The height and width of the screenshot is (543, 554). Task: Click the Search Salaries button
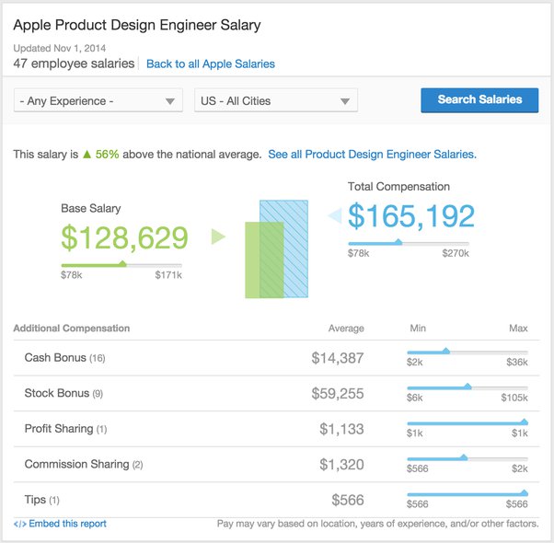[x=479, y=100]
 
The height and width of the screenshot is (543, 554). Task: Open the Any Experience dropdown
[x=98, y=101]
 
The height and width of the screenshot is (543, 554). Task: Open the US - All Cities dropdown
[x=275, y=101]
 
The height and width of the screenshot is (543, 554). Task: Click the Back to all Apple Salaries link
[x=210, y=64]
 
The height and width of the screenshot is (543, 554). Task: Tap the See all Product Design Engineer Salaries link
[x=372, y=155]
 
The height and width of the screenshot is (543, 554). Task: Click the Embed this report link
[x=66, y=524]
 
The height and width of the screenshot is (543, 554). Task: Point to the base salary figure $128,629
[x=124, y=238]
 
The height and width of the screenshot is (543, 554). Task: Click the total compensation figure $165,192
[x=411, y=216]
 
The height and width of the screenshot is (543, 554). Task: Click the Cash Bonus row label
[x=55, y=358]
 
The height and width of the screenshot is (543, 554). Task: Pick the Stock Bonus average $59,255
[x=337, y=394]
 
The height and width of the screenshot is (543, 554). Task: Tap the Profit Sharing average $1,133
[x=341, y=429]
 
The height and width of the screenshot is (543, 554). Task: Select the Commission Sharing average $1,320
[x=341, y=465]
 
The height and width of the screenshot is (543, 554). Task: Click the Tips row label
[x=36, y=500]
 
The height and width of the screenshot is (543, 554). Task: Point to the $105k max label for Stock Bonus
[x=514, y=398]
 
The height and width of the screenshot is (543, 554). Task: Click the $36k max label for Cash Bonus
[x=517, y=363]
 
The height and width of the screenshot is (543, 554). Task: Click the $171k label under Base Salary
[x=167, y=275]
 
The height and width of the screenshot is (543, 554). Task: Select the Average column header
[x=346, y=329]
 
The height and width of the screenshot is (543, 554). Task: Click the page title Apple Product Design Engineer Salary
[x=137, y=26]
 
